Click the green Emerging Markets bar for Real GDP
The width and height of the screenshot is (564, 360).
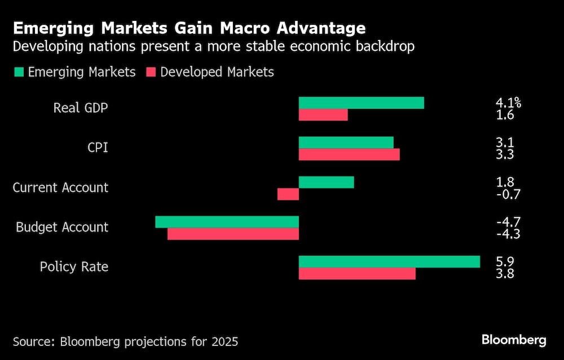click(x=361, y=103)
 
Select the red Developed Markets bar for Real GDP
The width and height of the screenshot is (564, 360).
click(x=323, y=115)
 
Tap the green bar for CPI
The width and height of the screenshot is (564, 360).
click(x=346, y=142)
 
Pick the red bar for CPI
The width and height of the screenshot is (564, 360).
click(x=349, y=155)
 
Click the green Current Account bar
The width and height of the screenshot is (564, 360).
click(x=326, y=182)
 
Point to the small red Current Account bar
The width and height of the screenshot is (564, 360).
click(x=288, y=194)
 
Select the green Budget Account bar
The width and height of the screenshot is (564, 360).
click(x=227, y=222)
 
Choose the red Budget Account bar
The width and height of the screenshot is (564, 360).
click(x=233, y=234)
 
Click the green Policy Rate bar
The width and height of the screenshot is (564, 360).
click(x=389, y=262)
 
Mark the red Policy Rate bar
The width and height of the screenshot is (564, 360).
click(x=356, y=274)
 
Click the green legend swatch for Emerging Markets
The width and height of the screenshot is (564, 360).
click(x=18, y=72)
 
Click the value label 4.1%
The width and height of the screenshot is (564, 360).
click(x=508, y=103)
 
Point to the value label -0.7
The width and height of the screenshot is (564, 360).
click(x=508, y=195)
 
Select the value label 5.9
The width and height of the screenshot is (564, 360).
click(x=505, y=262)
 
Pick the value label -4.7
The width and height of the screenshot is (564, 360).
click(x=508, y=222)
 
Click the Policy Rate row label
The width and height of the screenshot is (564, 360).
click(x=74, y=267)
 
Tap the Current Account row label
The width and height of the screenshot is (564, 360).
click(x=60, y=188)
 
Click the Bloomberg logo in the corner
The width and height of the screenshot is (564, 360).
click(x=514, y=340)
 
